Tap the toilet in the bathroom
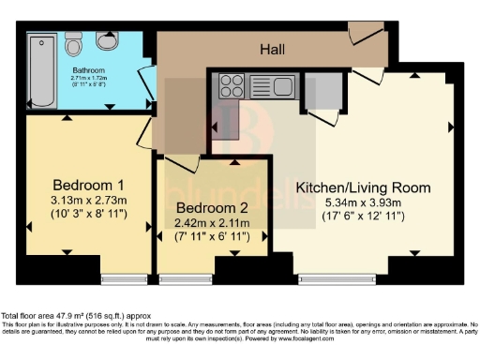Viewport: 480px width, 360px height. [x=77, y=45]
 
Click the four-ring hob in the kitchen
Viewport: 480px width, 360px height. [x=231, y=86]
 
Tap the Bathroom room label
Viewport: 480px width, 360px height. [x=89, y=68]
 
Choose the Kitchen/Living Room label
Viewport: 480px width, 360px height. [x=349, y=187]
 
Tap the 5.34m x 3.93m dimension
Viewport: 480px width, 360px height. [x=349, y=202]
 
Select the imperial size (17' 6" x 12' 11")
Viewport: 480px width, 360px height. [x=349, y=217]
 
